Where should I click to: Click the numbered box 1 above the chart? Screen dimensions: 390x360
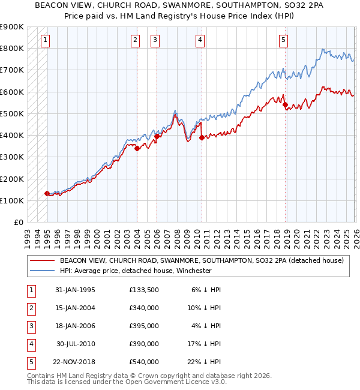pyautogui.click(x=46, y=40)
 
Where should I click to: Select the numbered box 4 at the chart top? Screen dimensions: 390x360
pyautogui.click(x=200, y=40)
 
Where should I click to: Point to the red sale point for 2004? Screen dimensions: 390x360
pyautogui.click(x=137, y=148)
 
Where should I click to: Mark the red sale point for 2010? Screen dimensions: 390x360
pyautogui.click(x=202, y=137)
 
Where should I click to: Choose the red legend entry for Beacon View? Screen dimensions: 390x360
pyautogui.click(x=201, y=260)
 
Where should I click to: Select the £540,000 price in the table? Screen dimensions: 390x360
pyautogui.click(x=144, y=362)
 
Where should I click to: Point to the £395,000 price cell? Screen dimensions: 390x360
pyautogui.click(x=144, y=326)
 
